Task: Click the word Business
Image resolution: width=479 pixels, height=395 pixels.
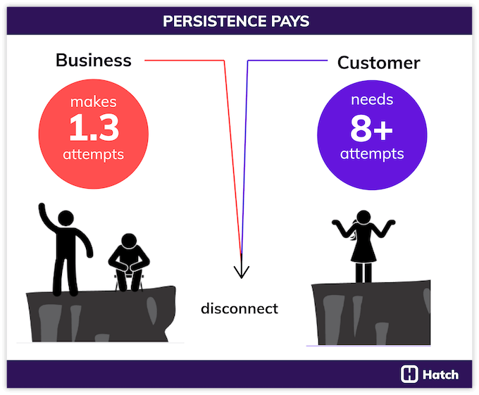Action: point(94,60)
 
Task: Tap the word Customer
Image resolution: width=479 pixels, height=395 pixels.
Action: point(378,63)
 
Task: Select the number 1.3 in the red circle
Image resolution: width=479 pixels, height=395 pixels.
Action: point(94,127)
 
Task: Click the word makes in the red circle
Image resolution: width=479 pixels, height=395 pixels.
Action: point(94,102)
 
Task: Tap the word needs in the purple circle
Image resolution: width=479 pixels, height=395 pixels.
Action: point(372,101)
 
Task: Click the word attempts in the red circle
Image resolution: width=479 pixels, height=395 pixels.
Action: point(94,154)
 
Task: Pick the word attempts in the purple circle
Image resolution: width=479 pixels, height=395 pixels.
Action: point(372,153)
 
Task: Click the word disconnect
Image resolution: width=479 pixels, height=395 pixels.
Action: point(240,308)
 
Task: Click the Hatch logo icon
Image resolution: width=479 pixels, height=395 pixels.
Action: point(409,374)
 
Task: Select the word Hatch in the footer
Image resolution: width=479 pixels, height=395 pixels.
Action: point(440,374)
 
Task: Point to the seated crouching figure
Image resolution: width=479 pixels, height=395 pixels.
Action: point(127,263)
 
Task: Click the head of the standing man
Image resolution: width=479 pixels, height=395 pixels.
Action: point(66,220)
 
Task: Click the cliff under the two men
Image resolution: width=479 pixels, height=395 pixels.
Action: point(99,313)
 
